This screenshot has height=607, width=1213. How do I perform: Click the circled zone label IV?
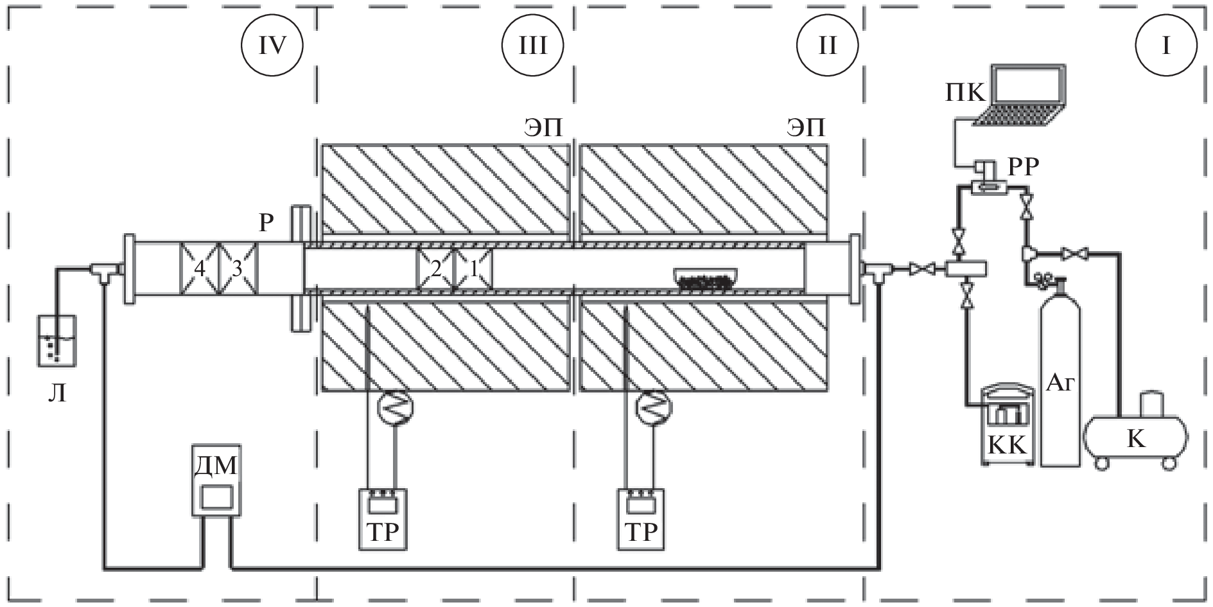click(271, 46)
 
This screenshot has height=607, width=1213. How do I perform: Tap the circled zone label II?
click(827, 46)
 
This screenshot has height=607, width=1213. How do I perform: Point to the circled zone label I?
click(1166, 46)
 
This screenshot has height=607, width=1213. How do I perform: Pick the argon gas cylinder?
click(1060, 371)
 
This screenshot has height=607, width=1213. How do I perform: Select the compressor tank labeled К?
click(1136, 430)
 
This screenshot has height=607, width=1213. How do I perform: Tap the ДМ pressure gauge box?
click(216, 480)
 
